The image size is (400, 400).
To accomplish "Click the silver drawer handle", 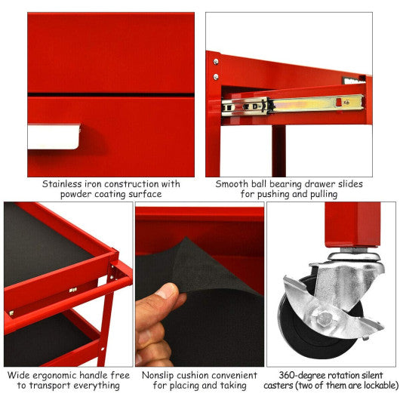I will pyautogui.click(x=54, y=136).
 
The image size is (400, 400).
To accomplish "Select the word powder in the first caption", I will pyautogui.click(x=78, y=194).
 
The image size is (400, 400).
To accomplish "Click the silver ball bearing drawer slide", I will pyautogui.click(x=302, y=104).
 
